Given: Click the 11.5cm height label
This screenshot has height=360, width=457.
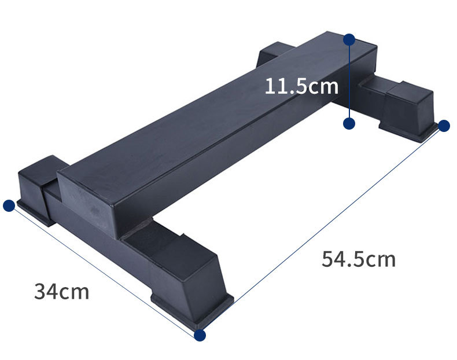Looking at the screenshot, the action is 301,86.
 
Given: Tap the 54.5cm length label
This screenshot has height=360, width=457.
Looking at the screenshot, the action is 359,259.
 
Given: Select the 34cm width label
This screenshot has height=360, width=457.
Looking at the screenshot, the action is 61,291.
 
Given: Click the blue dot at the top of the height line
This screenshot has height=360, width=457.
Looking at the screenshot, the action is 349,39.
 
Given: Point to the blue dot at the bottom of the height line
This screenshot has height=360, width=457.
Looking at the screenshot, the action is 349,123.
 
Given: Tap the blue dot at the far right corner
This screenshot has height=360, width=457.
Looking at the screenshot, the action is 444,126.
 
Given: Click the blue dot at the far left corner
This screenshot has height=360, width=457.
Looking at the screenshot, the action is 9,205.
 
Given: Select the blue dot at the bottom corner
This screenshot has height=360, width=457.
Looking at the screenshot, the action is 200,335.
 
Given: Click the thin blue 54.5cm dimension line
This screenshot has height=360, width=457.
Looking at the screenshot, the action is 322,230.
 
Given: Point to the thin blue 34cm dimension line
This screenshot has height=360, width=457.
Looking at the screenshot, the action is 104,270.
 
